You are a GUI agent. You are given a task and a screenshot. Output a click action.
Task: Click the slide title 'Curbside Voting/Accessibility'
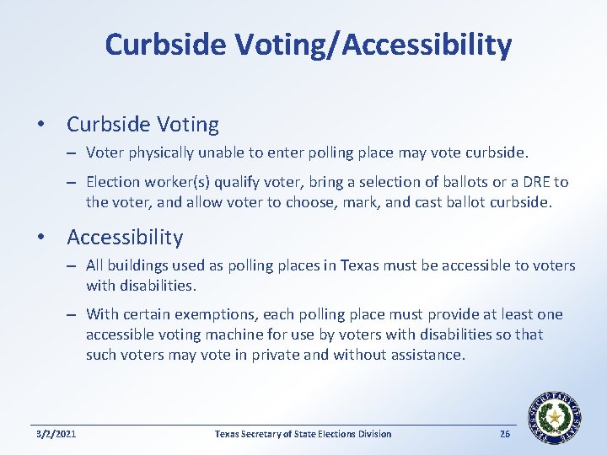pos(308,45)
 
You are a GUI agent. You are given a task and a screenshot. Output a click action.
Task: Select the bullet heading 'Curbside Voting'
pos(142,125)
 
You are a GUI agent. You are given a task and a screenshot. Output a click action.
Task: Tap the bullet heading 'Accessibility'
pos(125,238)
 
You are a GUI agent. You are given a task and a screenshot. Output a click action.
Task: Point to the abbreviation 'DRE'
pos(532,182)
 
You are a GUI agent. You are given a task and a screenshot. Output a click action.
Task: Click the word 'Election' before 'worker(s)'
pos(114,182)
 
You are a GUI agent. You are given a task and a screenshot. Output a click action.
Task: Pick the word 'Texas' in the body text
pos(363,266)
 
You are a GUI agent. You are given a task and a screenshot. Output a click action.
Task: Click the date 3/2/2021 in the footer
pos(56,434)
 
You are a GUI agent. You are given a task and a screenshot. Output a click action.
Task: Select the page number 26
pos(505,434)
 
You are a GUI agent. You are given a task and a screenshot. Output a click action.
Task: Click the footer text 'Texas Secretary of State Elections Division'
pos(303,434)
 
